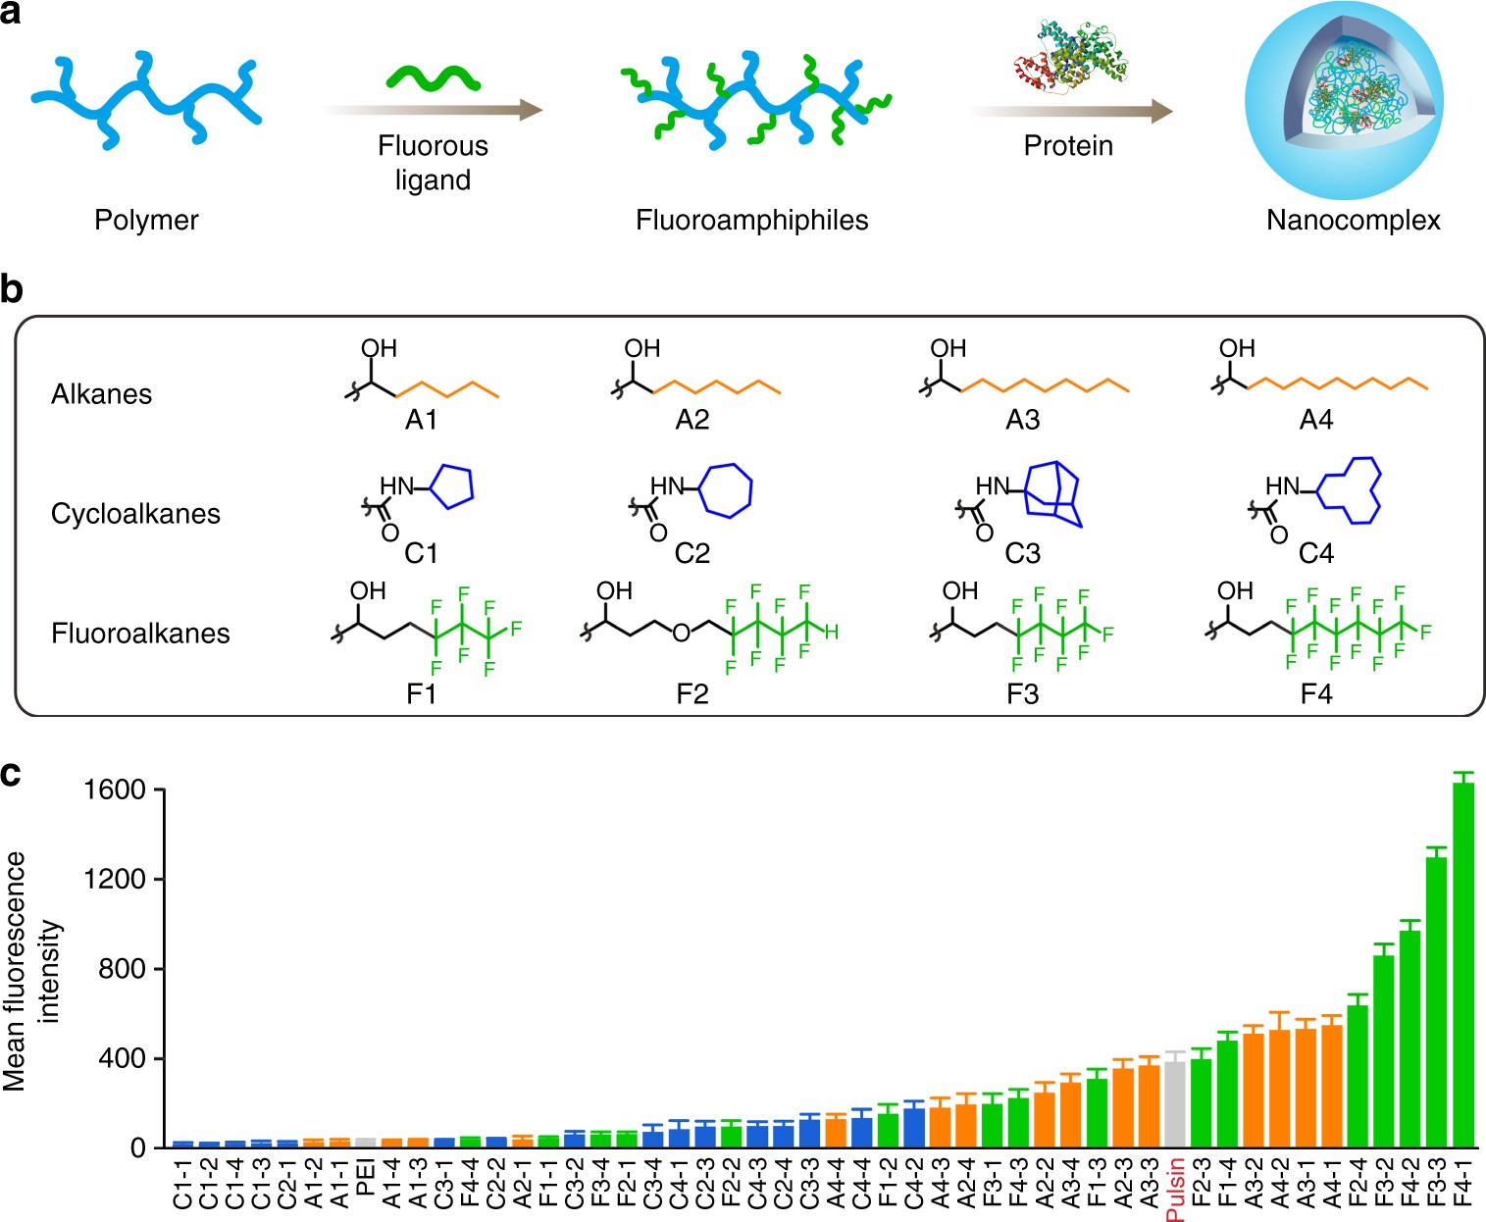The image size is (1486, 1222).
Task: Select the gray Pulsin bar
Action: tap(1175, 1105)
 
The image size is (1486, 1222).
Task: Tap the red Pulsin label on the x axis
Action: tap(1175, 1189)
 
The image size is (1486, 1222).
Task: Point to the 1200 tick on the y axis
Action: tap(115, 880)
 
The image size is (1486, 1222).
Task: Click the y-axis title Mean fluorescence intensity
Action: tap(29, 971)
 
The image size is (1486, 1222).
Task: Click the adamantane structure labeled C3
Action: tap(1053, 495)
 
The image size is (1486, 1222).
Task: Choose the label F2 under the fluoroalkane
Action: tap(692, 695)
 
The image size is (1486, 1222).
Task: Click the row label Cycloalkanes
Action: tap(135, 514)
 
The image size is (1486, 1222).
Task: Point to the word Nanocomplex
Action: tap(1353, 220)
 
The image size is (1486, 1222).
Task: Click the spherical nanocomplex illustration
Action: tap(1344, 100)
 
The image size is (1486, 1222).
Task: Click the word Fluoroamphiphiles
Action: tap(751, 220)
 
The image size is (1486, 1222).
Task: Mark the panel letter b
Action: tap(12, 290)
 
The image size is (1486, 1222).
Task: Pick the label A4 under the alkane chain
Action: tap(1315, 421)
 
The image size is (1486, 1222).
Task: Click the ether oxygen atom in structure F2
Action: tap(681, 634)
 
